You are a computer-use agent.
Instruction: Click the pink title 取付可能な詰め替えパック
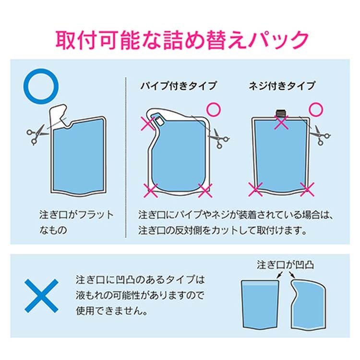click(x=182, y=40)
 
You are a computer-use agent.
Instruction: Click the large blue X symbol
click(x=42, y=296)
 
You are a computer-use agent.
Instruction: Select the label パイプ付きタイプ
click(x=179, y=86)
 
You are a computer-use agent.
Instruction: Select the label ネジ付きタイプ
click(x=282, y=86)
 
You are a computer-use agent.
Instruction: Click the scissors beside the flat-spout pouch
click(x=37, y=134)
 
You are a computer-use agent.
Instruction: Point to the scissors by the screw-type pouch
click(x=320, y=135)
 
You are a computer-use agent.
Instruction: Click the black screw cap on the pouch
click(x=281, y=113)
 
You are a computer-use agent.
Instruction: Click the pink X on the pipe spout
click(x=148, y=123)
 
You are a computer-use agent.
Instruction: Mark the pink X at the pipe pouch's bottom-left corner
click(x=151, y=191)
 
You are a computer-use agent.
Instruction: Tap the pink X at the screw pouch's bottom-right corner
click(x=307, y=190)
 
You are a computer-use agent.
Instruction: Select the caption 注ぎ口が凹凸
click(x=285, y=265)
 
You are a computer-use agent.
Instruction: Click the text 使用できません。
click(x=111, y=311)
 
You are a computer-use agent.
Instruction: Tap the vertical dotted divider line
click(x=126, y=157)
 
